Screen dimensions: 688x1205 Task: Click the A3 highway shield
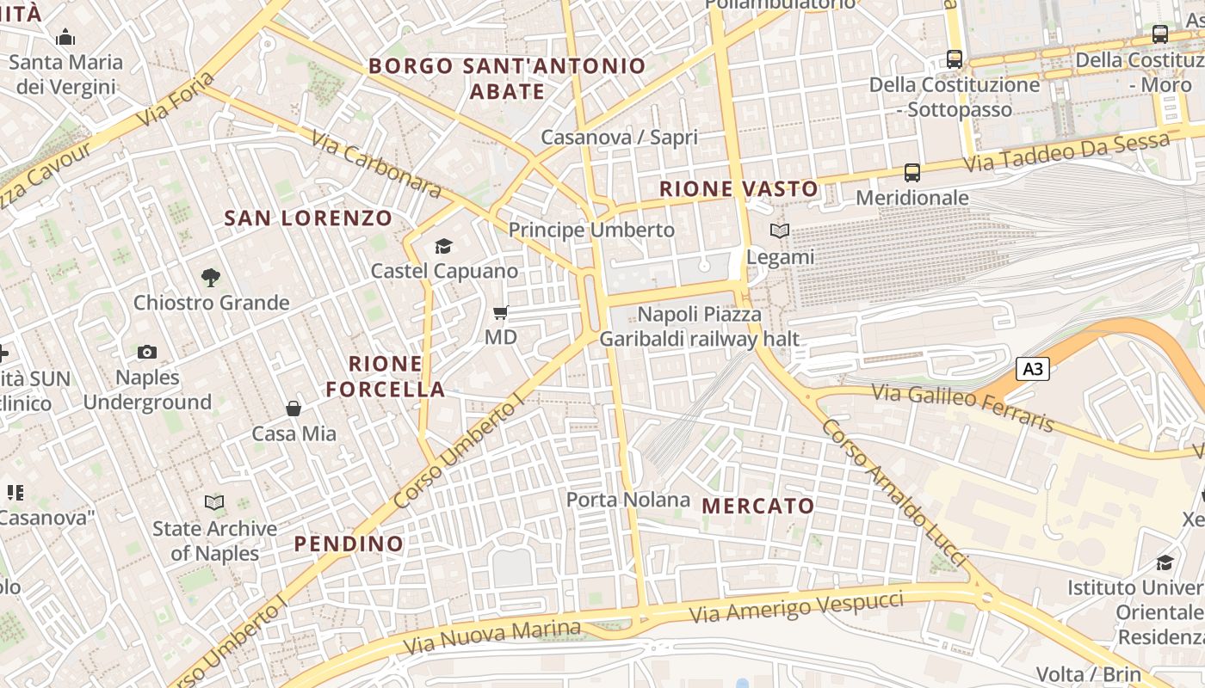(1033, 369)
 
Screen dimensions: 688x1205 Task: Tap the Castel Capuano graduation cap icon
(443, 247)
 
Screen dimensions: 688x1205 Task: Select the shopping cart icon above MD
(500, 313)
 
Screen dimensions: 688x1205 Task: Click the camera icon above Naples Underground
(147, 352)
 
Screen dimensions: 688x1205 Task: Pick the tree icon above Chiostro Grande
(211, 277)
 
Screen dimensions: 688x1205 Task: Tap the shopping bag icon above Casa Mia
(294, 408)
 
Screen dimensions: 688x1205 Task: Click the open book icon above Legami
(780, 231)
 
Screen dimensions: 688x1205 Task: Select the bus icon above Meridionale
(912, 173)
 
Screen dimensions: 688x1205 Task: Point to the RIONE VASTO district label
(738, 189)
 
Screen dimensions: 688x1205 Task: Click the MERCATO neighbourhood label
(758, 506)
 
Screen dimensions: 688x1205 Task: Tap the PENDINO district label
(349, 544)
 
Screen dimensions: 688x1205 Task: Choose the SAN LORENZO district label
(308, 218)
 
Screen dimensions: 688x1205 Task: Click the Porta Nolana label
(628, 500)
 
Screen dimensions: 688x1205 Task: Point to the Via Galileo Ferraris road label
(963, 407)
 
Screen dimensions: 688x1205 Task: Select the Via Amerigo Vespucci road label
(797, 607)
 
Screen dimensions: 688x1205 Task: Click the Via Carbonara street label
(376, 163)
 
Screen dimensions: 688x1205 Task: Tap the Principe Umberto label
(591, 230)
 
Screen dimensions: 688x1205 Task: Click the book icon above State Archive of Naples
(214, 502)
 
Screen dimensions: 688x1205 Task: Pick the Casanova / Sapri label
(619, 137)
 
